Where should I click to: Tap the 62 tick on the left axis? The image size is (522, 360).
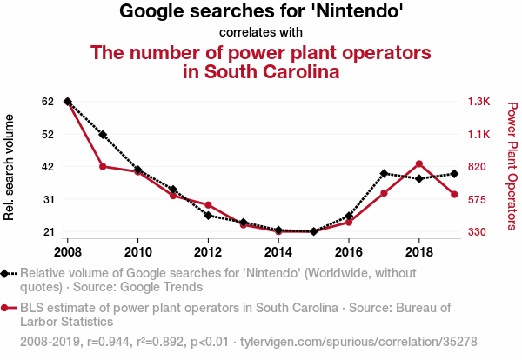(48, 102)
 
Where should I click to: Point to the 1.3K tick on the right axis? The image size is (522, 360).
(479, 102)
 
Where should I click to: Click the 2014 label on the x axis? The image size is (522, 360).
(278, 252)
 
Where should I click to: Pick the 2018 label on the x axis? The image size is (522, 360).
(419, 252)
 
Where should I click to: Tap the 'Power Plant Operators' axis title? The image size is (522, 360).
(512, 166)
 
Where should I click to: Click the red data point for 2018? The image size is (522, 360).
(419, 163)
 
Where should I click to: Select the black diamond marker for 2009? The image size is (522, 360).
(103, 135)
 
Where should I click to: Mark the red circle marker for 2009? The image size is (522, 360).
(103, 166)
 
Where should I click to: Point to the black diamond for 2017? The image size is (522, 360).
(384, 173)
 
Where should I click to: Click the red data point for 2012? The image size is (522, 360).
(208, 204)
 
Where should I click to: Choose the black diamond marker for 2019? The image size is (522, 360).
(454, 174)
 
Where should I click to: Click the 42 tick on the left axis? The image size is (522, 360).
(48, 167)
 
